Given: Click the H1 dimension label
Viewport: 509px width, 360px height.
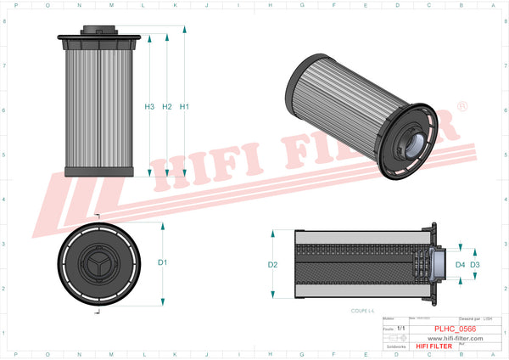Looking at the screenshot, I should [x=184, y=107].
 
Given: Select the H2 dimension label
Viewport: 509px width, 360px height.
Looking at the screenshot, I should [x=167, y=107].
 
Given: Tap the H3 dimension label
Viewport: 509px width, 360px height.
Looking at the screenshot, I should [x=149, y=107].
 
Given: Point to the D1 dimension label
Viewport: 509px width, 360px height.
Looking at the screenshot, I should [x=162, y=262].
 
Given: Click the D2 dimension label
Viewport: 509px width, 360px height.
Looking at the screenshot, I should [x=273, y=265].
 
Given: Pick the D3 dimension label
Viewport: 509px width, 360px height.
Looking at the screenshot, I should [x=475, y=265].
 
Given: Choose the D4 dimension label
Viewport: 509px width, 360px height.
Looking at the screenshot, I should [x=460, y=265].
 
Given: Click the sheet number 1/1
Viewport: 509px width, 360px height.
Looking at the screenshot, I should [x=400, y=327].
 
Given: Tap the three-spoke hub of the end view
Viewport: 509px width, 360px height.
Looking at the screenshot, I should [x=100, y=263].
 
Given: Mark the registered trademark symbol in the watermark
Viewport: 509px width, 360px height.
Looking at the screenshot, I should [x=461, y=107].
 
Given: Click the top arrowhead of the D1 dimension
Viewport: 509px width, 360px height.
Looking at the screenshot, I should [x=162, y=227].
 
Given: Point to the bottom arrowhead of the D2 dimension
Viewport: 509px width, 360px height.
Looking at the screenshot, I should [x=273, y=296].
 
